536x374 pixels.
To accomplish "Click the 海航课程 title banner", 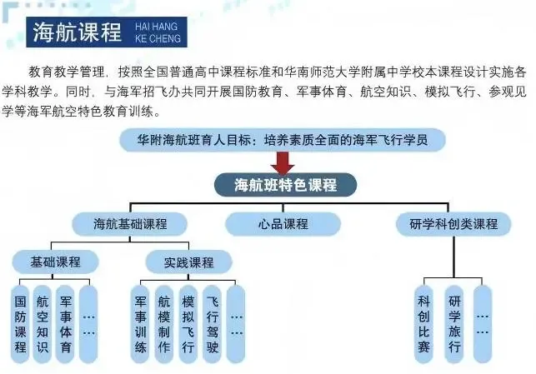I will point(76,32).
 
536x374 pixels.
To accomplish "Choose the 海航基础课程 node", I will point(130,224).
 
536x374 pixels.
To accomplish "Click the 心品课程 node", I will point(283,224).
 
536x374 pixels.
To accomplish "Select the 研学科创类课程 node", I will point(453,224).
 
